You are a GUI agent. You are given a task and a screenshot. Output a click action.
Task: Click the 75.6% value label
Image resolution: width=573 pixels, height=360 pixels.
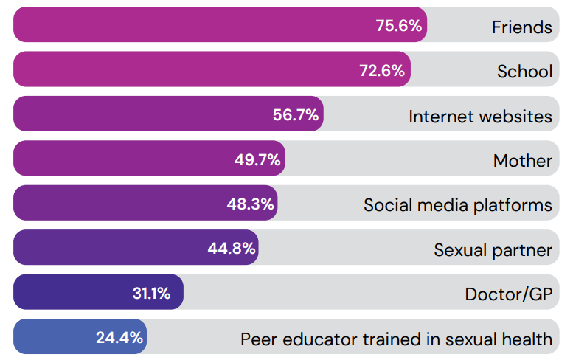[399, 26]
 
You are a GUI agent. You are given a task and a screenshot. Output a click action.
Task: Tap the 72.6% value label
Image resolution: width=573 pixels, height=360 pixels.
[381, 71]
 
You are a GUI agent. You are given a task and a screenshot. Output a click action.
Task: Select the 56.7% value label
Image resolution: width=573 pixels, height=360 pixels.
[295, 115]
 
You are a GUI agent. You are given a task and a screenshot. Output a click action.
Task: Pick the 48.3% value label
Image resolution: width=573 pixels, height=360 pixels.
[250, 204]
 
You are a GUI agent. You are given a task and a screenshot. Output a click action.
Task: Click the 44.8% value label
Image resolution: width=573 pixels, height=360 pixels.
[232, 249]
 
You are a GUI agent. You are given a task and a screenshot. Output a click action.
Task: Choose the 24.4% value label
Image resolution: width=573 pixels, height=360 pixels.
[119, 338]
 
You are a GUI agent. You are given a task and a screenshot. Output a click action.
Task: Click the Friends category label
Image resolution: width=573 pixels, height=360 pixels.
[522, 27]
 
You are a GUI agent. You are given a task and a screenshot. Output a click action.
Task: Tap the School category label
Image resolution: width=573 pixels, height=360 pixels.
[524, 72]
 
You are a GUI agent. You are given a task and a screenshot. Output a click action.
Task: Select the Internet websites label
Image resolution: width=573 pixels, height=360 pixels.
[480, 116]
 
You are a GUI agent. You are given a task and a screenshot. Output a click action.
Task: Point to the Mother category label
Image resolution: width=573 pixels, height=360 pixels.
[523, 160]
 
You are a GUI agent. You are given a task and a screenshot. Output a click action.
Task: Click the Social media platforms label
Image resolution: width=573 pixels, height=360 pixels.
[458, 204]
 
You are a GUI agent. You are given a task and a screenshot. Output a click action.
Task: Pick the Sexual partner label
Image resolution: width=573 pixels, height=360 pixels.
[493, 249]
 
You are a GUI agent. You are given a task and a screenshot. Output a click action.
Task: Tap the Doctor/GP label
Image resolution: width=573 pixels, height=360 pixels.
[508, 294]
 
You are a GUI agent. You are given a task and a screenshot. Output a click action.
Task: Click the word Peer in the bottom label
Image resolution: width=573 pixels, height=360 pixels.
[257, 339]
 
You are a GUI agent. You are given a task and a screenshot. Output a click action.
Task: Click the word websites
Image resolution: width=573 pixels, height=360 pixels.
[516, 116]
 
